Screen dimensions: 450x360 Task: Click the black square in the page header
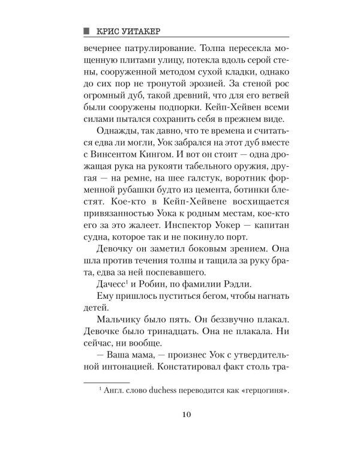86,29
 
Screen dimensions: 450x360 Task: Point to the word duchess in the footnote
175,392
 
